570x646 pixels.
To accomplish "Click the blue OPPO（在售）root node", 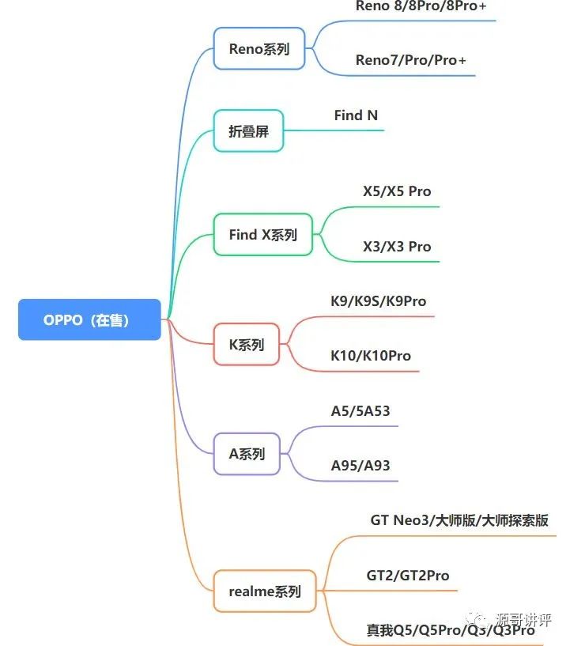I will pyautogui.click(x=89, y=320).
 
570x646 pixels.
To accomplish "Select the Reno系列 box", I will pyautogui.click(x=259, y=49).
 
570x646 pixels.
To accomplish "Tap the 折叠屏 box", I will pyautogui.click(x=248, y=131).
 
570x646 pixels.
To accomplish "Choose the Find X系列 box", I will pyautogui.click(x=263, y=235).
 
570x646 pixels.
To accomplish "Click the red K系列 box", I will pyautogui.click(x=247, y=345).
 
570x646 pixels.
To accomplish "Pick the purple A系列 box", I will pyautogui.click(x=247, y=454).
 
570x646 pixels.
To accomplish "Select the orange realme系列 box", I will pyautogui.click(x=265, y=591).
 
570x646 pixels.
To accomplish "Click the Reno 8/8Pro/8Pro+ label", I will pyautogui.click(x=414, y=6).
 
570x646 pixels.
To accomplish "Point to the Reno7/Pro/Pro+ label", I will pyautogui.click(x=410, y=60).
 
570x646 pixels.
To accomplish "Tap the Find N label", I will pyautogui.click(x=356, y=115).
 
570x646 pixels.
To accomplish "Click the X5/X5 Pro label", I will pyautogui.click(x=397, y=191).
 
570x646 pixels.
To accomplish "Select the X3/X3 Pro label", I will pyautogui.click(x=397, y=246).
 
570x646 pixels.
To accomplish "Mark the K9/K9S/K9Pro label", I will pyautogui.click(x=378, y=301).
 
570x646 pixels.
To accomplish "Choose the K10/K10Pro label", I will pyautogui.click(x=371, y=356).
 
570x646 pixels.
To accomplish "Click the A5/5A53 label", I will pyautogui.click(x=360, y=411).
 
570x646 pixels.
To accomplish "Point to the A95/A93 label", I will pyautogui.click(x=360, y=465).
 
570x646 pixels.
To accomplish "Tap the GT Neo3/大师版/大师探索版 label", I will pyautogui.click(x=459, y=520).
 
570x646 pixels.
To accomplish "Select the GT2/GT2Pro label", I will pyautogui.click(x=408, y=576).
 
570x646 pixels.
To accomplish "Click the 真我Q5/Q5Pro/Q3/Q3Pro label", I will pyautogui.click(x=451, y=630).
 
